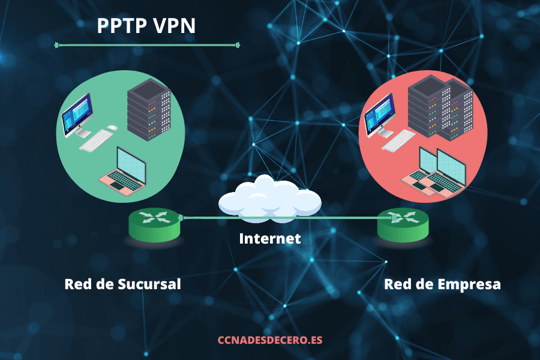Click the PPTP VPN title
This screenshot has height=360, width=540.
coord(146,26)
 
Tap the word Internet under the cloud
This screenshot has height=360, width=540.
coord(269,238)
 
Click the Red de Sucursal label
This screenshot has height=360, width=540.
coord(122,283)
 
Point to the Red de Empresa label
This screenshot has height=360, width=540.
coord(442,283)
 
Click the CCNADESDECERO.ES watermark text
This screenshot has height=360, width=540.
coord(269,340)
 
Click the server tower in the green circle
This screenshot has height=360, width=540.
coord(149,110)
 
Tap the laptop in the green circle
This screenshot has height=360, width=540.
coord(124,170)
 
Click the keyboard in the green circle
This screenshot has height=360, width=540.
coord(98,142)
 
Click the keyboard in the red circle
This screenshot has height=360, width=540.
coord(399,142)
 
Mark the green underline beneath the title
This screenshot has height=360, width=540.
coord(146,44)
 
